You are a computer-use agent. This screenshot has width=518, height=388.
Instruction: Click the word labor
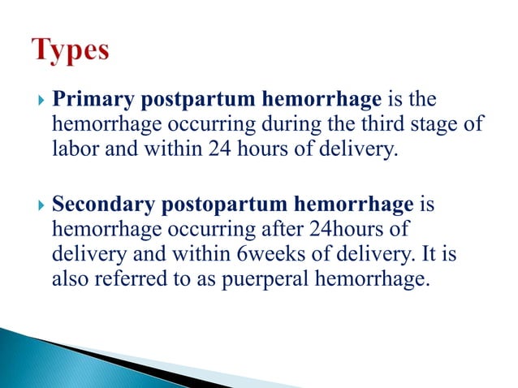(73, 149)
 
